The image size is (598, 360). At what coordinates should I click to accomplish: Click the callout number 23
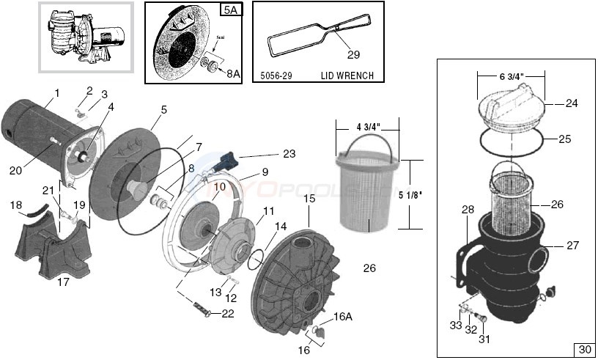click(289, 153)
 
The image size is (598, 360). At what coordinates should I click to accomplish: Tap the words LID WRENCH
click(347, 76)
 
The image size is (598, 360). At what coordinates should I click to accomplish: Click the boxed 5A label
click(229, 11)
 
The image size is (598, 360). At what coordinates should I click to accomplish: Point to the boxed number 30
click(583, 348)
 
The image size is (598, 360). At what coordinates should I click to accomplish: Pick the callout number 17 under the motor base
click(64, 281)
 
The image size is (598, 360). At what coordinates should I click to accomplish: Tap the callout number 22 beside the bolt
click(228, 314)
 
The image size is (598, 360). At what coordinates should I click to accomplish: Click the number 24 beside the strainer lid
click(571, 103)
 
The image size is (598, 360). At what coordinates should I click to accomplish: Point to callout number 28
click(468, 210)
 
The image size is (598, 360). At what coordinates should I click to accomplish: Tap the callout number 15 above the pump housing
click(309, 199)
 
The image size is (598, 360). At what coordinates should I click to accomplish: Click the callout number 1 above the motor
click(56, 93)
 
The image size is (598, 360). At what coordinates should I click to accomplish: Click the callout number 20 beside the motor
click(16, 170)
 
